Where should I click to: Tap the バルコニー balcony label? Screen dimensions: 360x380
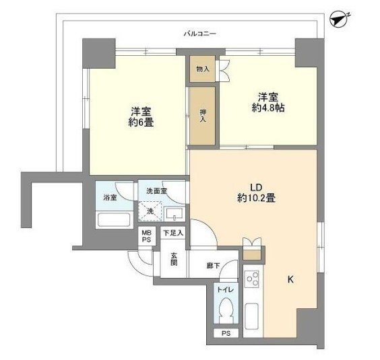(x=199, y=32)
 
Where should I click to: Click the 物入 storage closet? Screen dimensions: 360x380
(x=202, y=69)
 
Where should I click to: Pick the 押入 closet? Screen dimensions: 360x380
(x=202, y=116)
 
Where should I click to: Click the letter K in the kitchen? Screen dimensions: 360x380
(x=290, y=279)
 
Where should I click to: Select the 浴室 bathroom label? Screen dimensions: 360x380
(x=109, y=198)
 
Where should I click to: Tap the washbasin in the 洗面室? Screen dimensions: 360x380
(x=174, y=214)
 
